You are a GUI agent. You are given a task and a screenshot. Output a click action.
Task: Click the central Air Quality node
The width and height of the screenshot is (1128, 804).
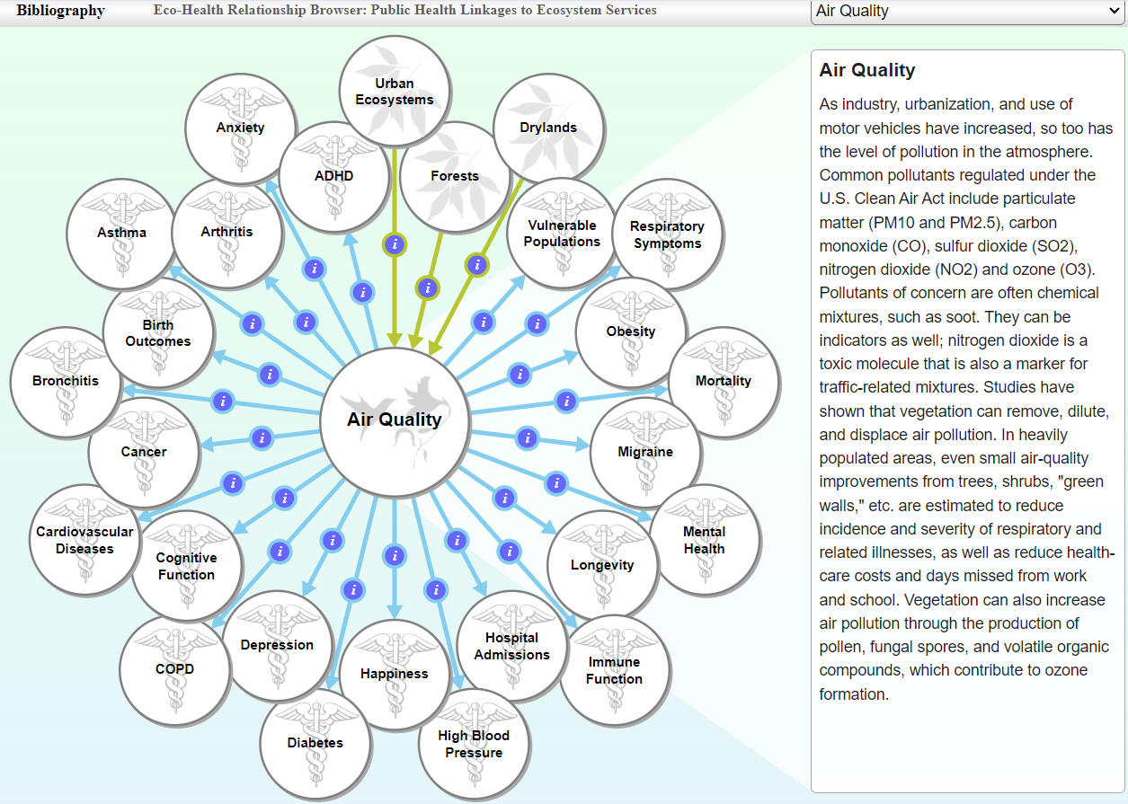click(x=395, y=420)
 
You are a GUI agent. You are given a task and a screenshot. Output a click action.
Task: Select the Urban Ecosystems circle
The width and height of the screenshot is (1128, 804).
click(x=395, y=91)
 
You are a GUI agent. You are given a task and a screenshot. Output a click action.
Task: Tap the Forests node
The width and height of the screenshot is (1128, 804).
click(x=455, y=176)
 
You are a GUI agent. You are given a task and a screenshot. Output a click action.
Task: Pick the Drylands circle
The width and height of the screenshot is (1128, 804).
click(x=548, y=128)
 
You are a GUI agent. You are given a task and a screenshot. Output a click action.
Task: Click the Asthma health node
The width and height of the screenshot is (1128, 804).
click(x=121, y=233)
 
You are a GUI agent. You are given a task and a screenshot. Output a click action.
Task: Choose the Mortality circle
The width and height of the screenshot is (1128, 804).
click(x=724, y=381)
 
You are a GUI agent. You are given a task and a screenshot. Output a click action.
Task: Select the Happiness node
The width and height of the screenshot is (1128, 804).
click(x=395, y=674)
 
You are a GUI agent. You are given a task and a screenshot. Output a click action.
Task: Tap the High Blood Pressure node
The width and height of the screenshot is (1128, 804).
click(x=474, y=744)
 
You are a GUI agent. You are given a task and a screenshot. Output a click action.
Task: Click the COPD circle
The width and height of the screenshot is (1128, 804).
click(x=174, y=668)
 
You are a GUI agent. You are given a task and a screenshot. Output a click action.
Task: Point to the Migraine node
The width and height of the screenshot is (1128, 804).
click(x=645, y=452)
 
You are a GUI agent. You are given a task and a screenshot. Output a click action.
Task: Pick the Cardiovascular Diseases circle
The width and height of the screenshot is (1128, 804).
click(x=84, y=540)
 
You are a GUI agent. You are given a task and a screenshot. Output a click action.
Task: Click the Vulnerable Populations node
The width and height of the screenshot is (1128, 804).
click(x=562, y=234)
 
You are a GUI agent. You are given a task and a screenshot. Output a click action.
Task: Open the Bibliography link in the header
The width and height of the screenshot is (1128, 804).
click(x=60, y=11)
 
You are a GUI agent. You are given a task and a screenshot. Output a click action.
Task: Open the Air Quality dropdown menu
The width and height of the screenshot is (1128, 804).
click(x=967, y=12)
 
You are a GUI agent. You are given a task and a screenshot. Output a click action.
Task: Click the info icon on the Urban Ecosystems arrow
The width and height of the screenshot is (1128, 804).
click(x=395, y=243)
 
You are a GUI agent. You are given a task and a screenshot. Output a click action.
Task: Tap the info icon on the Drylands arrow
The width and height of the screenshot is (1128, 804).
click(x=477, y=265)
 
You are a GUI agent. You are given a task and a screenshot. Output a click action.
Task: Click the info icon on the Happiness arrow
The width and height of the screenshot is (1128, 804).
click(x=394, y=556)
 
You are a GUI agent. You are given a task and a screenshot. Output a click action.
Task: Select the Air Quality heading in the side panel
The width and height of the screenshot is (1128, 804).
click(x=867, y=70)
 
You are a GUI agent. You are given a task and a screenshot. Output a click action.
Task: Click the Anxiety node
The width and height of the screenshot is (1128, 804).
click(x=241, y=128)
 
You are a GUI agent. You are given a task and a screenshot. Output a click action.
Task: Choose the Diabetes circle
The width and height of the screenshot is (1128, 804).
click(x=315, y=743)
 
